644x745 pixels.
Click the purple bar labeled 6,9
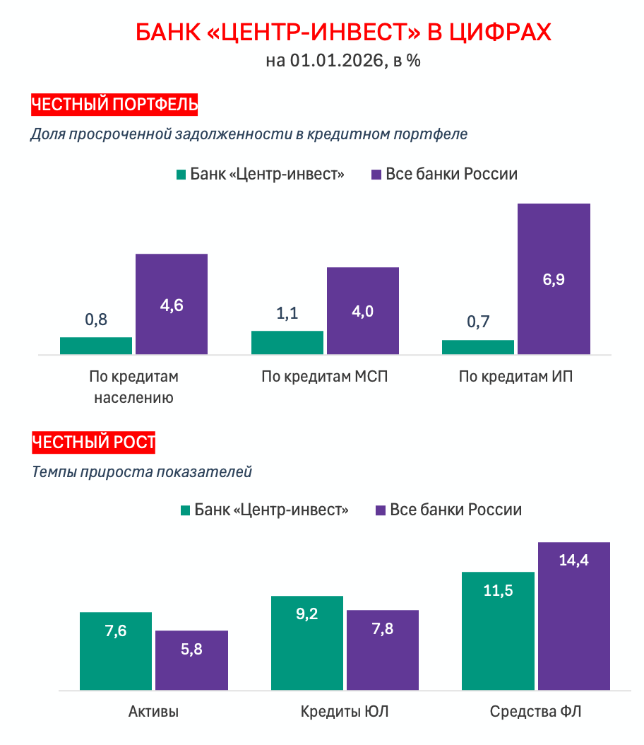pos(554,278)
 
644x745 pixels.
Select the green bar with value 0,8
pos(96,345)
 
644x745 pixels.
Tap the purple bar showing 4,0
pos(363,310)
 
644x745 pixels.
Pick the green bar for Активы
pos(116,650)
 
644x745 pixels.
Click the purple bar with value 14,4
pos(573,616)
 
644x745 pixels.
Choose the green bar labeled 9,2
pos(307,643)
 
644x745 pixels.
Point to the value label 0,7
pos(478,323)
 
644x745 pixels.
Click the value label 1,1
pos(287,313)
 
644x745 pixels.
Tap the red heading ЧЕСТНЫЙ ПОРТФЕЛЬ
pos(114,105)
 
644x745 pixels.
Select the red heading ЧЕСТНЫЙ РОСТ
pos(93,443)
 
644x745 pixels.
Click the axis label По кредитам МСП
pos(325,376)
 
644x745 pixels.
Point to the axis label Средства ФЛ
pos(536,711)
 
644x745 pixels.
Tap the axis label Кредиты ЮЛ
pos(345,711)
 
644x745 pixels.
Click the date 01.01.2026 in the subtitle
pos(338,61)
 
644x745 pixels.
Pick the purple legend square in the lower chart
pos(380,510)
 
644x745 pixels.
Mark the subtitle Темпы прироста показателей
pos(142,472)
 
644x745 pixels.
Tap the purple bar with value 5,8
pos(191,659)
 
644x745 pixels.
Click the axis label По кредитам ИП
pos(515,376)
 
